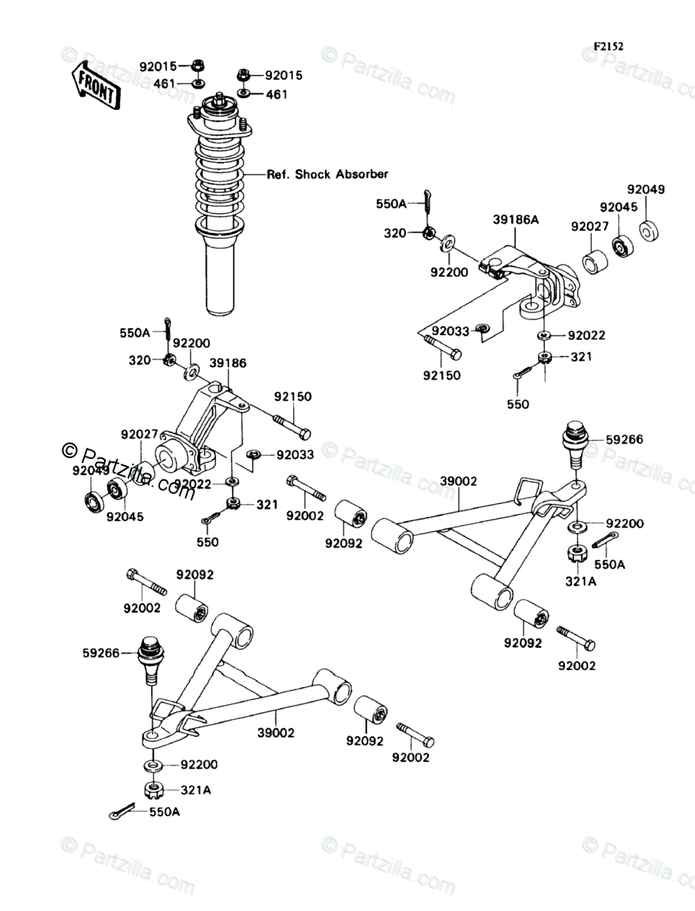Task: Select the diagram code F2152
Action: tap(608, 46)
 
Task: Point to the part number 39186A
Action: tap(515, 221)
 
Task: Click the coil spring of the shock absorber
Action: tap(218, 179)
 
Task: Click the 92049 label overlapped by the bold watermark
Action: tap(89, 471)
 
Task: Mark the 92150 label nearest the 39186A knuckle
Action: tap(441, 375)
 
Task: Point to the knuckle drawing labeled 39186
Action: tap(202, 432)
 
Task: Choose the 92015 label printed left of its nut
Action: tap(159, 66)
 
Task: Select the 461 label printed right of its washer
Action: tap(277, 95)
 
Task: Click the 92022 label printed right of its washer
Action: tap(586, 336)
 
